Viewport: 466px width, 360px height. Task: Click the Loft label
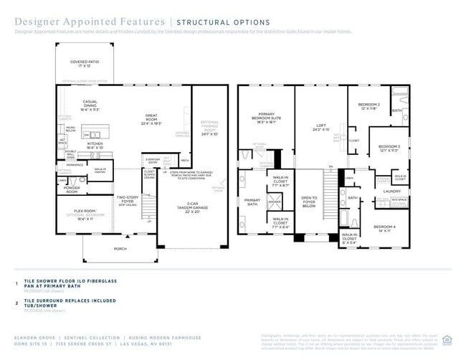pyautogui.click(x=320, y=128)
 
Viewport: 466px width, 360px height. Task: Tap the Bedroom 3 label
pyautogui.click(x=389, y=148)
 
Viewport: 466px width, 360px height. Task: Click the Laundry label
pyautogui.click(x=391, y=191)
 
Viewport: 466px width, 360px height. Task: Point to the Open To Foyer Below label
pyautogui.click(x=310, y=201)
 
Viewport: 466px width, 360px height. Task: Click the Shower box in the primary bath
pyautogui.click(x=275, y=202)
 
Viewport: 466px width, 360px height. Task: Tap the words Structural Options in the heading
pyautogui.click(x=223, y=23)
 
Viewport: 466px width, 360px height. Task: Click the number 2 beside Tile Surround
pyautogui.click(x=16, y=302)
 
